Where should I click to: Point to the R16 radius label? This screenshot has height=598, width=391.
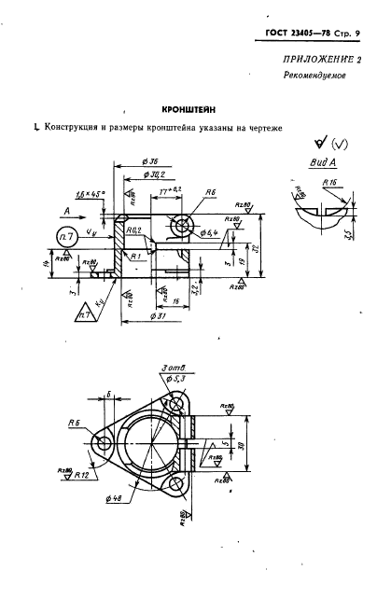(329, 184)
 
